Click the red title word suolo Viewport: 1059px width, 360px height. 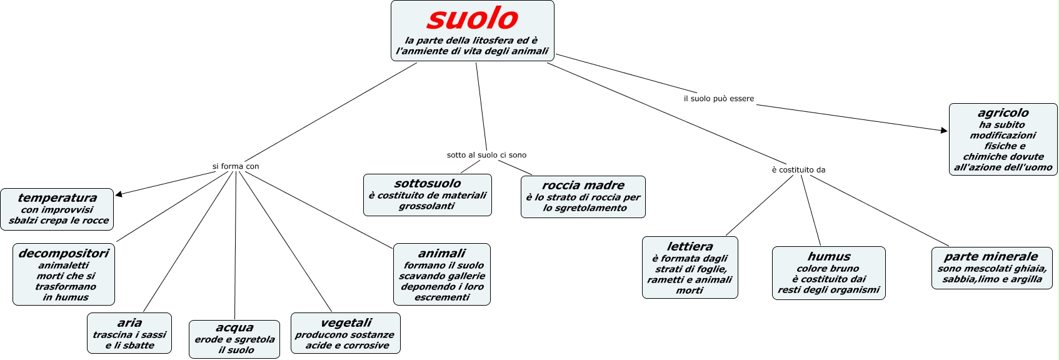473,19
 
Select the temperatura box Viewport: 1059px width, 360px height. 58,209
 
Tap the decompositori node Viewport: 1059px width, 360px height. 64,274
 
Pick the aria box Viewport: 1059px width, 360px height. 129,333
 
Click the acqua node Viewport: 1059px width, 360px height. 234,339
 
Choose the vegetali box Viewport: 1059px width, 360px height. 346,333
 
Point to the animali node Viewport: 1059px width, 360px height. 442,274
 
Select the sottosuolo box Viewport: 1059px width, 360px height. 428,195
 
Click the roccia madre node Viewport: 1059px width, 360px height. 583,196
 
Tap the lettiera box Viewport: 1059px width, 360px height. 690,267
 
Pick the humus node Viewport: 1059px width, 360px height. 829,272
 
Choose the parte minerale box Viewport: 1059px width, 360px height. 992,267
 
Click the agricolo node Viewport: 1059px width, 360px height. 1003,139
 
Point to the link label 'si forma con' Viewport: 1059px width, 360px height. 236,166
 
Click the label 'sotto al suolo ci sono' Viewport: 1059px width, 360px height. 486,155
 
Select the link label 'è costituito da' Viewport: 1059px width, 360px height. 798,170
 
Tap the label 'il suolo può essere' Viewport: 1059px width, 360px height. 719,99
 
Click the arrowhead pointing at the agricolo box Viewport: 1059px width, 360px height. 944,130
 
